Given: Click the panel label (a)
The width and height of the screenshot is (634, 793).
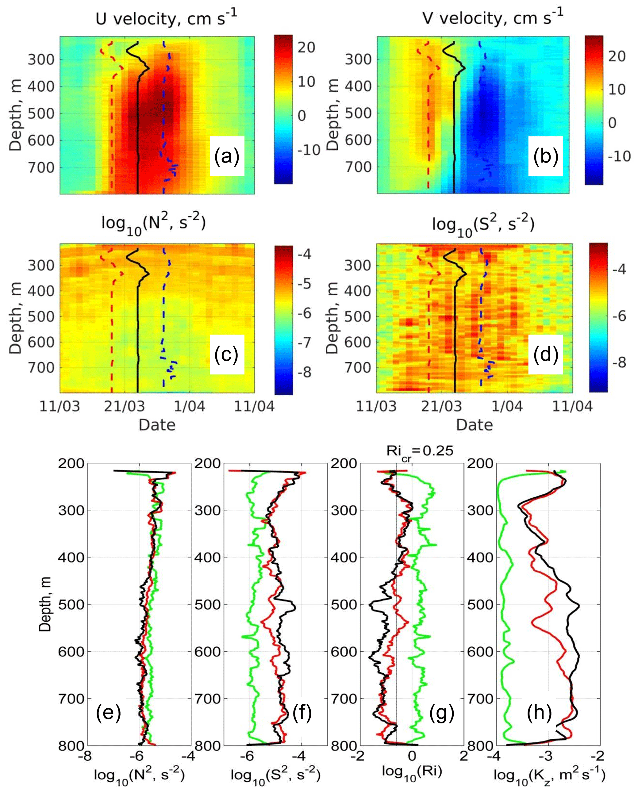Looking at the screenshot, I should [x=227, y=156].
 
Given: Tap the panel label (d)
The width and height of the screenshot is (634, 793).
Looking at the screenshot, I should [x=545, y=354].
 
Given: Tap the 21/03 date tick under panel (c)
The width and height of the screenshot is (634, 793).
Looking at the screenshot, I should [x=124, y=406].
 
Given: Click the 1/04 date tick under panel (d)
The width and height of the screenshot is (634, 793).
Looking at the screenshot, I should [x=507, y=406].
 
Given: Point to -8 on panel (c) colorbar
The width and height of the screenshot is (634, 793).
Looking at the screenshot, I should [x=304, y=372].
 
